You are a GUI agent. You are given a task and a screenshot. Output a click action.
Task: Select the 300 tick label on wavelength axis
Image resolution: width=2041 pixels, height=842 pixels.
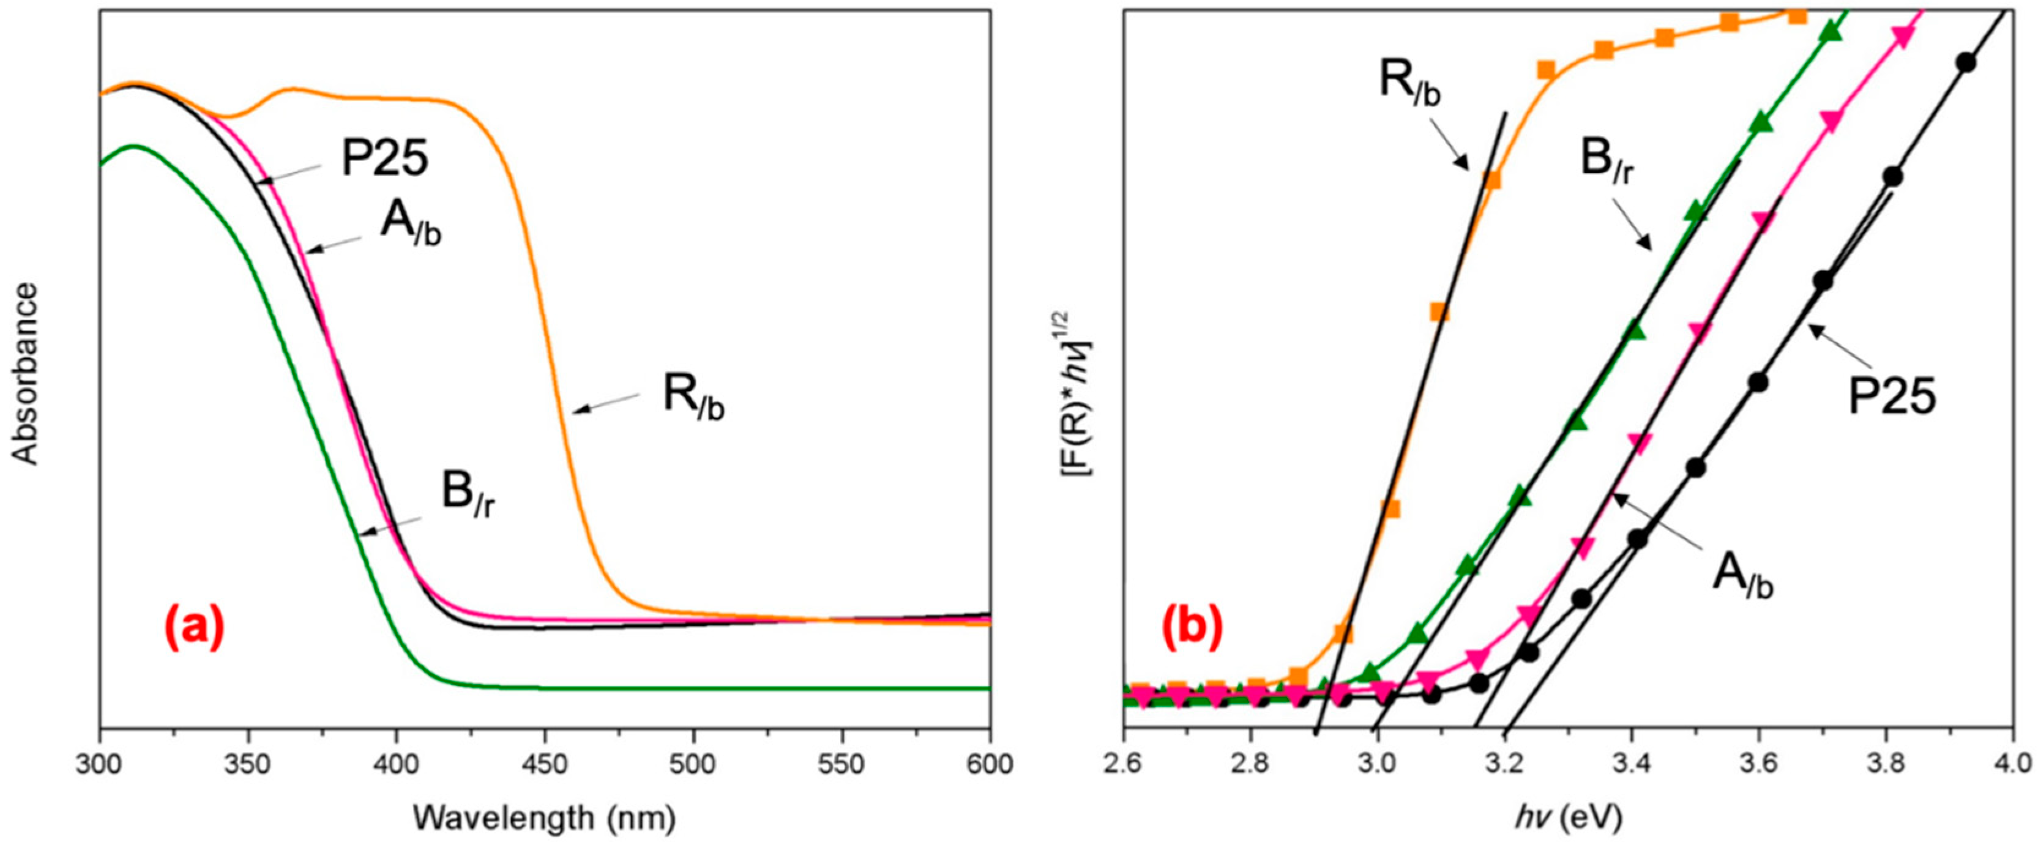tap(100, 767)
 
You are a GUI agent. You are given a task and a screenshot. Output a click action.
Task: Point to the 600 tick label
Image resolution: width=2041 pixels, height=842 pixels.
tap(990, 767)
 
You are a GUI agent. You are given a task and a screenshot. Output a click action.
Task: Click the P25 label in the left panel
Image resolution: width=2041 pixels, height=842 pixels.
tap(385, 159)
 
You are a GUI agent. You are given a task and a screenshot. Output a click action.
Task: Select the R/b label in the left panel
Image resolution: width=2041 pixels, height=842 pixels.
tap(693, 401)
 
